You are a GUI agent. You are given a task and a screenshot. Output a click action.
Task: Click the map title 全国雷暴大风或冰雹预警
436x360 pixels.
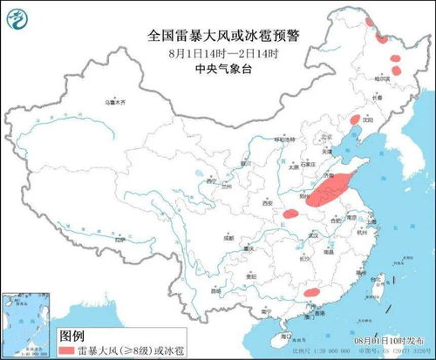[219, 37]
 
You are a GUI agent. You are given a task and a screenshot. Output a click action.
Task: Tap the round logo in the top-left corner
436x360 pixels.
[16, 15]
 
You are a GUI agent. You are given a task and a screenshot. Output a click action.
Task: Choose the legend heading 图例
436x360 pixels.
[75, 334]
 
